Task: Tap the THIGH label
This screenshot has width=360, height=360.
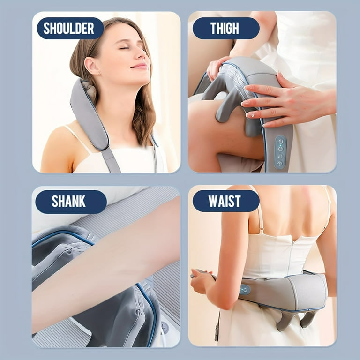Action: coord(225,28)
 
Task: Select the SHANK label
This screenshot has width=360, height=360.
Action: coord(69,202)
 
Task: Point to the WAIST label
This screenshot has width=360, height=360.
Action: coord(225,201)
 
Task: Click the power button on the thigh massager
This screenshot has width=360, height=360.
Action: coord(280,141)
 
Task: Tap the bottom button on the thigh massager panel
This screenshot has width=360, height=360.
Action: coord(280,164)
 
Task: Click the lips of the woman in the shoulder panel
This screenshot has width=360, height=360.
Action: coord(139,66)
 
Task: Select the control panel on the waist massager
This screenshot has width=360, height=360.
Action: coord(245,290)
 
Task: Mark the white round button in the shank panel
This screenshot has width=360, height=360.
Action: coord(165,327)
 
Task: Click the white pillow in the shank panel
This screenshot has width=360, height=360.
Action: coord(70,220)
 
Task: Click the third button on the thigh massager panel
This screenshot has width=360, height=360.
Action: coord(280,156)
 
